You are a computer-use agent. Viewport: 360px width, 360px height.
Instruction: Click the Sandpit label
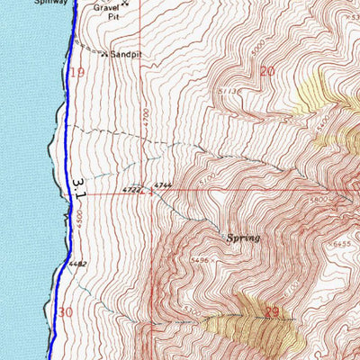coord(126,54)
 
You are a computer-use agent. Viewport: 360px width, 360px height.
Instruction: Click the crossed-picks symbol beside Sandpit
coord(105,55)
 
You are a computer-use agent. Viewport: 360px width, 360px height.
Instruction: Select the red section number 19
coord(77,71)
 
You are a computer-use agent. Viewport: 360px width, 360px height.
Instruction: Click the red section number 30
coord(65,311)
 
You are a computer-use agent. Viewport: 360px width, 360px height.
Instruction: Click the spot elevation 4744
coord(163,185)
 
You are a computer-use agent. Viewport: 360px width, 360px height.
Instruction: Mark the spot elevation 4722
coord(131,190)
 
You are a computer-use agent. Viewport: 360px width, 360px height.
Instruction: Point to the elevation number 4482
coord(77,264)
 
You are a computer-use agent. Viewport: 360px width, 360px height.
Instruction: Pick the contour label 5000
coord(259,42)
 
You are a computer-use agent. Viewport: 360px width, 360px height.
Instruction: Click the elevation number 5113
coord(227,91)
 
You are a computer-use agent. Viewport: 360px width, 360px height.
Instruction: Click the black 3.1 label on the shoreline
coord(80,188)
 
